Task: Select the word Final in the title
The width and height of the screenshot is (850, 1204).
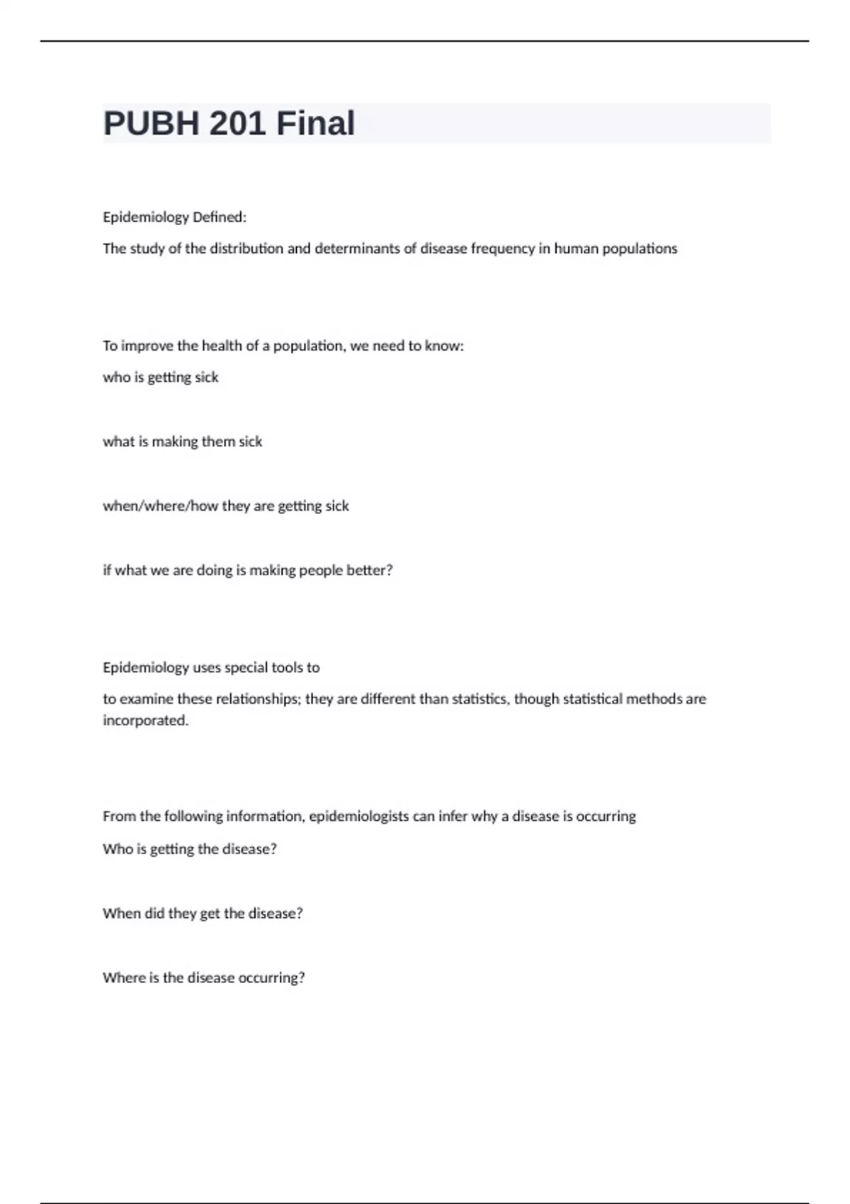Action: (x=315, y=123)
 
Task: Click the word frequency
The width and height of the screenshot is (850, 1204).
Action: (x=503, y=249)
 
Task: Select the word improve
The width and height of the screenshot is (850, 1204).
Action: (x=147, y=346)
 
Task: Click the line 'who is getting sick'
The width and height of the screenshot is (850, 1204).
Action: (x=161, y=377)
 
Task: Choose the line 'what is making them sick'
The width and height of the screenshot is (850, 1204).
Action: (x=183, y=442)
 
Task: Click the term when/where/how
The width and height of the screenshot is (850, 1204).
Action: (x=160, y=506)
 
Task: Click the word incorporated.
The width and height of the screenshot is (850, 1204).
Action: (x=146, y=720)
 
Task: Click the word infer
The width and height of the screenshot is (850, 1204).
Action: (x=453, y=816)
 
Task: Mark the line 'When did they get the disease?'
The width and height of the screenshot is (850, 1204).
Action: (x=203, y=914)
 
